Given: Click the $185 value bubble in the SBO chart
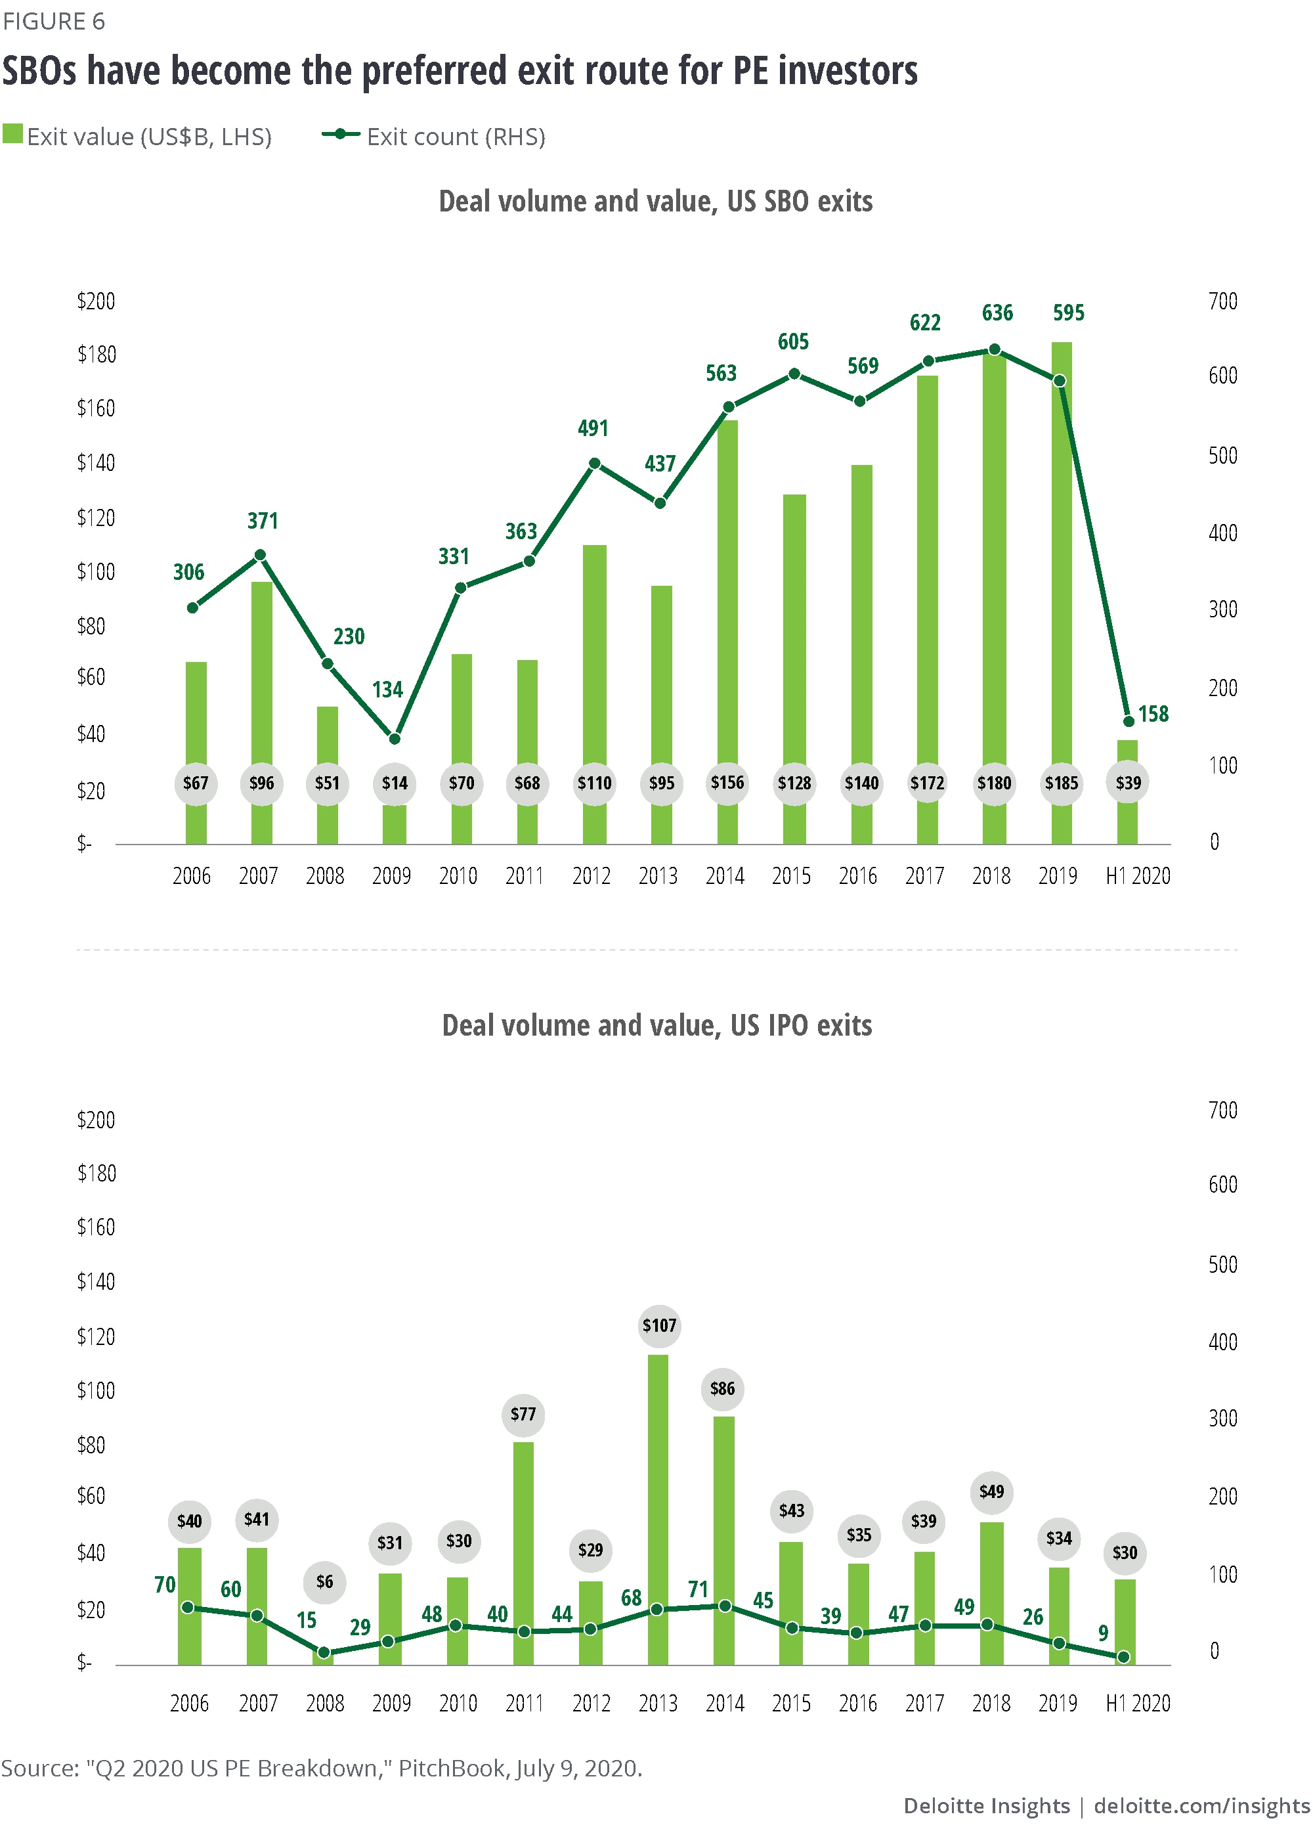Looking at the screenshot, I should (1061, 783).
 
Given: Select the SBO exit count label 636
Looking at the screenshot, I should (997, 313).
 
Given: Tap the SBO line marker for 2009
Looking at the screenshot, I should (395, 739).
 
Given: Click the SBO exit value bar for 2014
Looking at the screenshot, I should (727, 596).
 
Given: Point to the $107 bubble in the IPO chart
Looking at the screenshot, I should (659, 1325).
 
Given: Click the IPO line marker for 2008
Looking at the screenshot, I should (324, 1652).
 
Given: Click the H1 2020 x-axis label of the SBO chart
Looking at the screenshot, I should (1138, 875).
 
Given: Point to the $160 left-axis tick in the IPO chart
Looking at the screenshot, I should (96, 1227).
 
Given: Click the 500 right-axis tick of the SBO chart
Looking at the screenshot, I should (1222, 456).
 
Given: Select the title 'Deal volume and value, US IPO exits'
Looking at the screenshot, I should (656, 1024).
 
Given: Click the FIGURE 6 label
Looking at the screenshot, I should (54, 21).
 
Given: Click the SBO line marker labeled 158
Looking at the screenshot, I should (1129, 721).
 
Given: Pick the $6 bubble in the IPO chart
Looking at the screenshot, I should (324, 1581).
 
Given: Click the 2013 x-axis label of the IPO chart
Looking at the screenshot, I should (658, 1703).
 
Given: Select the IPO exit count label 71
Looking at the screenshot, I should (699, 1589).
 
